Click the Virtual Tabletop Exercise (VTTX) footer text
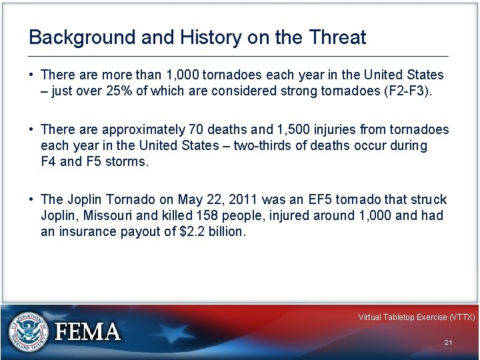416,317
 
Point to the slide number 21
448,342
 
